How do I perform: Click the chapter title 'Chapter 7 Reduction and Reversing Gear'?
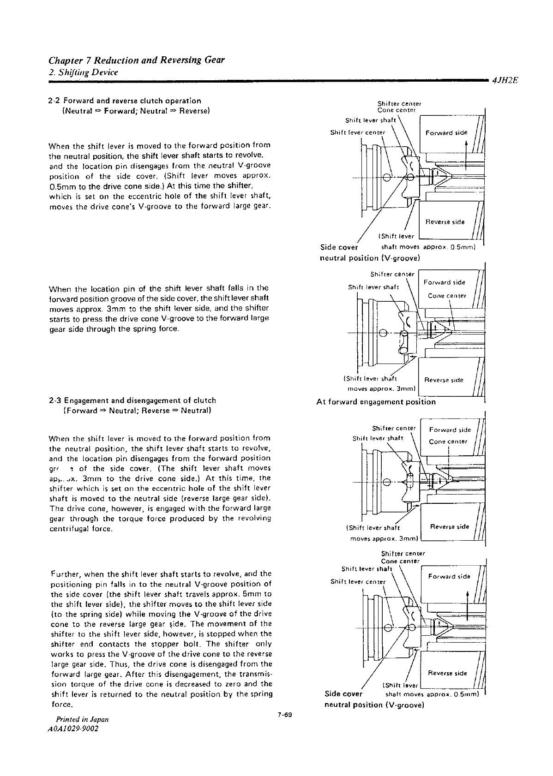click(137, 60)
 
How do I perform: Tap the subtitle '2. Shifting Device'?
click(84, 72)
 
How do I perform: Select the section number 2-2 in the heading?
click(55, 101)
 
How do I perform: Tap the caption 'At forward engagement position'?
click(376, 402)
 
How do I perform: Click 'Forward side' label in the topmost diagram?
click(446, 133)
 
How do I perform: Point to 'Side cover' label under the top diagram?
click(339, 247)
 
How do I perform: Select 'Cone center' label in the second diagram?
click(447, 296)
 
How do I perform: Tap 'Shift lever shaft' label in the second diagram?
click(373, 287)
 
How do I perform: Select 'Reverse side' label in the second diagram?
click(444, 380)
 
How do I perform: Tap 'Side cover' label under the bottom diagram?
click(343, 694)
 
